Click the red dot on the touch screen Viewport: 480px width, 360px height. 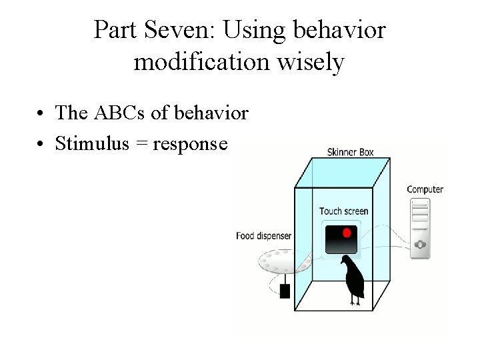[x=346, y=233]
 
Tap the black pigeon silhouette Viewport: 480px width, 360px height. [x=353, y=279]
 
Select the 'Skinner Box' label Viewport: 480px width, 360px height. [x=350, y=151]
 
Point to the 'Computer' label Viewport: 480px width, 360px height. [x=425, y=189]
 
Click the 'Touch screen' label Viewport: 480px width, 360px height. [x=343, y=211]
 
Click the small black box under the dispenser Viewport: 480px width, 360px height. [x=285, y=291]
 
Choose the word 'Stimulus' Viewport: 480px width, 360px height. [x=94, y=143]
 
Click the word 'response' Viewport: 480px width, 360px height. [x=190, y=145]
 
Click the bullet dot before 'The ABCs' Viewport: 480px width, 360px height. [x=42, y=113]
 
